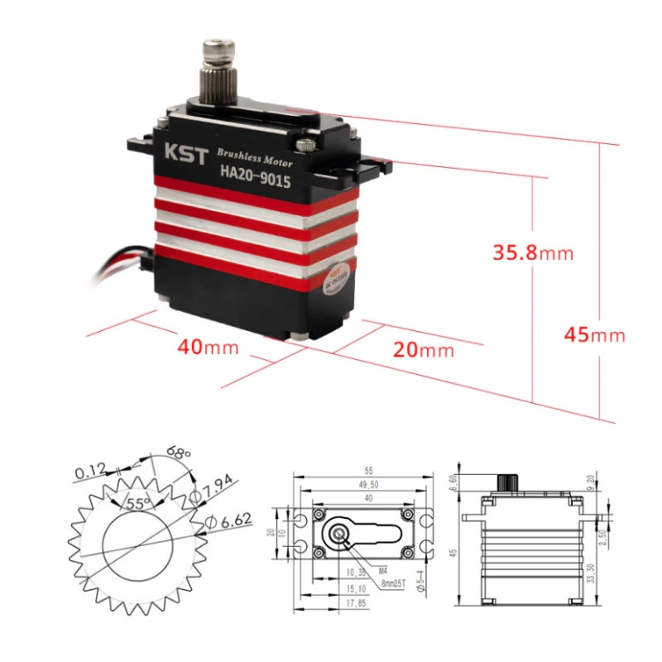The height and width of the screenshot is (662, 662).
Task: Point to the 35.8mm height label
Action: coord(533,252)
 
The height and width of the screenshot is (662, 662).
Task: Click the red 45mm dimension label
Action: coord(594,335)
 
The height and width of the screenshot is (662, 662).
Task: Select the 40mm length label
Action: coord(208,347)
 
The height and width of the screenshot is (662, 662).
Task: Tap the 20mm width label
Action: coord(424,349)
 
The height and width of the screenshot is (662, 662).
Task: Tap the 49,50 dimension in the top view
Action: coord(364,484)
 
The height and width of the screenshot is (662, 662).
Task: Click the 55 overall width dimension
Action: coord(365,468)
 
